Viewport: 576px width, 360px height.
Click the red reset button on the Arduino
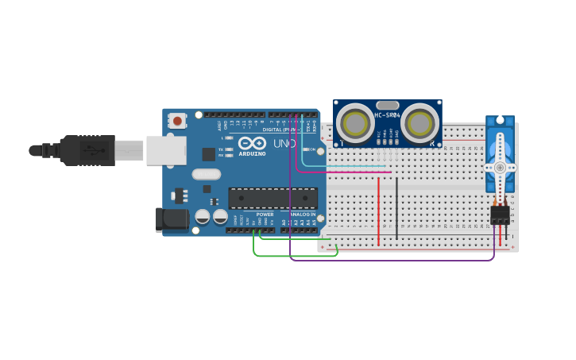pyautogui.click(x=177, y=121)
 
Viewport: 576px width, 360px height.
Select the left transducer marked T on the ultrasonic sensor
pyautogui.click(x=354, y=124)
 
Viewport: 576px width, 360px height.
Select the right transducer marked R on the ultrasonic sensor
pyautogui.click(x=419, y=124)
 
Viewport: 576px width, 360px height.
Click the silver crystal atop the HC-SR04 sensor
pyautogui.click(x=387, y=105)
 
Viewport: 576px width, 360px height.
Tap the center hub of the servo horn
pyautogui.click(x=499, y=168)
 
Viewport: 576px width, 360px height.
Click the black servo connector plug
pyautogui.click(x=500, y=215)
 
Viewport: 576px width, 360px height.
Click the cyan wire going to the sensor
pyautogui.click(x=342, y=166)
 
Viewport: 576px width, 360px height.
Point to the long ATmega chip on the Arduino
pyautogui.click(x=273, y=198)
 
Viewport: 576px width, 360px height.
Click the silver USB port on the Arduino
pyautogui.click(x=166, y=150)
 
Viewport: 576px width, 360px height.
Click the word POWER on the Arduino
pyautogui.click(x=265, y=215)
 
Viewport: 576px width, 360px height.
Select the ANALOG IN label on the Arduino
pyautogui.click(x=302, y=215)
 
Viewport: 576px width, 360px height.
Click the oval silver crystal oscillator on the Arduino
pyautogui.click(x=206, y=174)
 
